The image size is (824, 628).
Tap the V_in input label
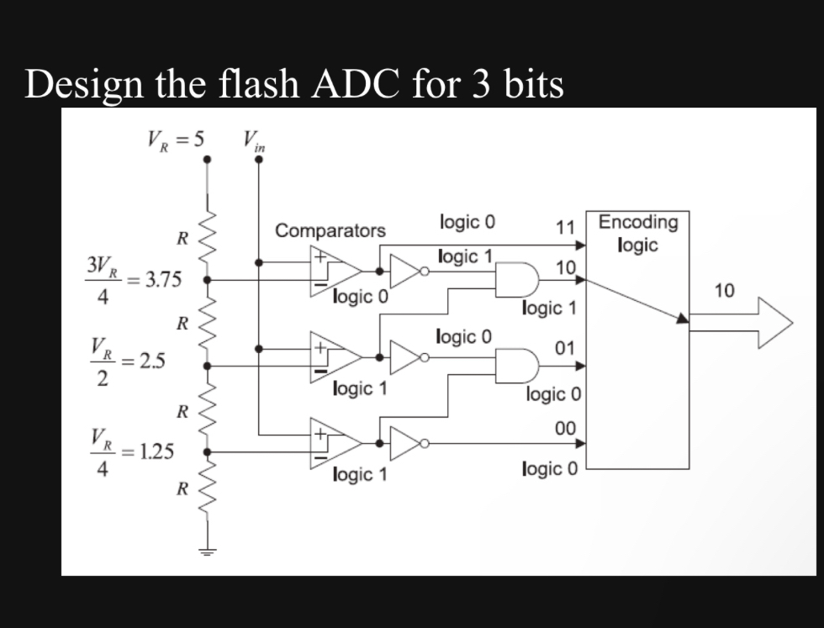click(x=254, y=141)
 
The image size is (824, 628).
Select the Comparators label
click(x=330, y=230)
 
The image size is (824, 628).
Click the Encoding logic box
click(x=637, y=340)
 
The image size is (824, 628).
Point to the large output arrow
click(x=741, y=322)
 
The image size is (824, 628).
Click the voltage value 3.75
click(x=163, y=279)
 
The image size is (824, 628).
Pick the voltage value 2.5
click(x=152, y=361)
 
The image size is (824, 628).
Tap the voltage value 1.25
click(x=156, y=451)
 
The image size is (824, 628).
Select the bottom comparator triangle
click(x=335, y=443)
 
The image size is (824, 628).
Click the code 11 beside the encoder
click(x=565, y=228)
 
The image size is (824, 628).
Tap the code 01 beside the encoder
click(x=564, y=348)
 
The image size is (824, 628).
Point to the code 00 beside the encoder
click(x=565, y=428)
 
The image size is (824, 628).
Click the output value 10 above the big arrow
click(x=724, y=290)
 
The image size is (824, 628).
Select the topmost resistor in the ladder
click(x=208, y=236)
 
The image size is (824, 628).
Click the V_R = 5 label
click(x=176, y=140)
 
